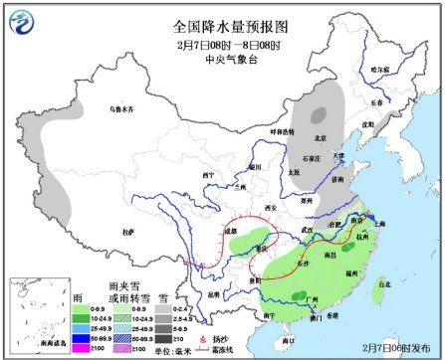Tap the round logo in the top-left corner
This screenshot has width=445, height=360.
[x=20, y=18]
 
